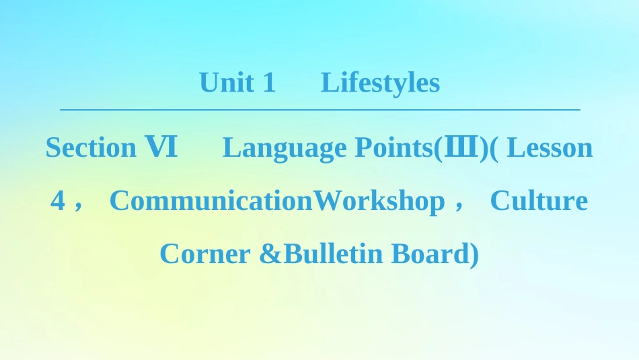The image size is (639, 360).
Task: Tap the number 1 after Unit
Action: (x=269, y=83)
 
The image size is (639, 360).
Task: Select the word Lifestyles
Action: (x=380, y=83)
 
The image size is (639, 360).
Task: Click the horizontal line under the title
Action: (x=319, y=109)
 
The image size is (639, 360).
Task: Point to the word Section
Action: (x=91, y=147)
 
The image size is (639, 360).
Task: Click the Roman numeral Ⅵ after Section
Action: (x=161, y=147)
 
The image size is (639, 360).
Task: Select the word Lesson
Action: (x=550, y=147)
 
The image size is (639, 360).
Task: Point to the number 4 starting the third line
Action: (x=58, y=201)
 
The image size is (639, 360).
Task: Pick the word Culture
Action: (x=538, y=201)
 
